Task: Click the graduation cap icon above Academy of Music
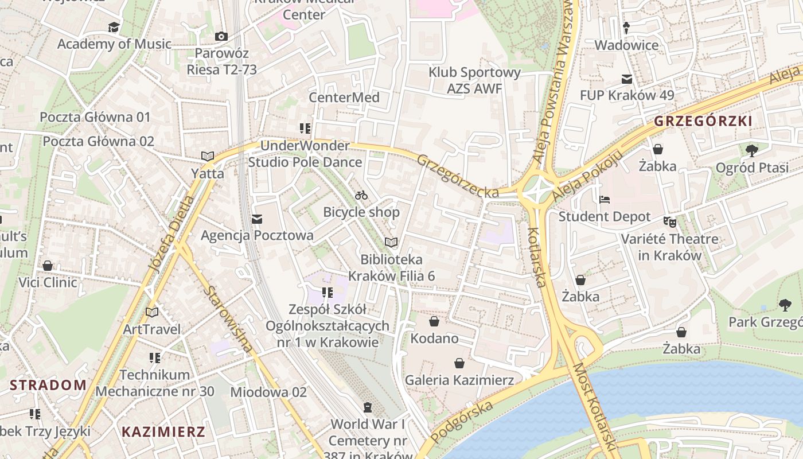pyautogui.click(x=114, y=27)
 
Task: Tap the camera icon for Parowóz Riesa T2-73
pyautogui.click(x=221, y=37)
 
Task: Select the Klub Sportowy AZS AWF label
pyautogui.click(x=475, y=80)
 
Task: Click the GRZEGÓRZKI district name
pyautogui.click(x=703, y=121)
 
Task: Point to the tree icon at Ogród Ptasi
pyautogui.click(x=751, y=151)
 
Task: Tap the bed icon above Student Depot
pyautogui.click(x=605, y=200)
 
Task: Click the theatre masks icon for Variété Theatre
pyautogui.click(x=669, y=221)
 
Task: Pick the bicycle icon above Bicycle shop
pyautogui.click(x=361, y=195)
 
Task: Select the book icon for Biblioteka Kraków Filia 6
pyautogui.click(x=391, y=243)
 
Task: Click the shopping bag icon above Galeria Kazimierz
pyautogui.click(x=459, y=363)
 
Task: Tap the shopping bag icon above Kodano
pyautogui.click(x=434, y=321)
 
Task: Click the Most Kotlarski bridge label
pyautogui.click(x=594, y=407)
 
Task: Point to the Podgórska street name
pyautogui.click(x=462, y=422)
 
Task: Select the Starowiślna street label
pyautogui.click(x=228, y=318)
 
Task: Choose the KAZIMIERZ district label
pyautogui.click(x=163, y=432)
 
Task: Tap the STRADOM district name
pyautogui.click(x=48, y=385)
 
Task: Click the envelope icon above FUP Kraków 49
pyautogui.click(x=626, y=79)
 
